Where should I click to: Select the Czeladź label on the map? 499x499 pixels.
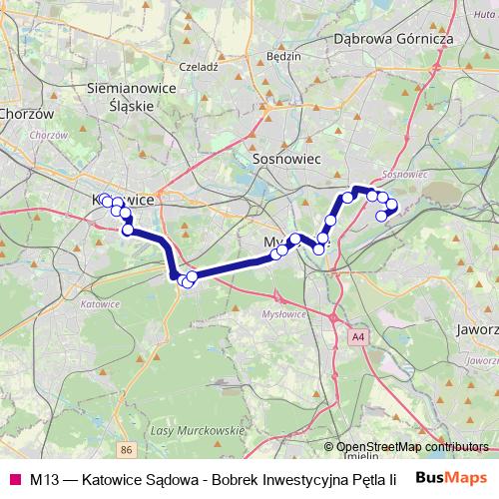click(x=197, y=66)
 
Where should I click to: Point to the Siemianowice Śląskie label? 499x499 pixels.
click(x=133, y=97)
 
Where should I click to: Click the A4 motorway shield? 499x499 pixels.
click(x=358, y=338)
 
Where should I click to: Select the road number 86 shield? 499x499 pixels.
click(x=126, y=451)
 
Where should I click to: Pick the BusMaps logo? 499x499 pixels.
click(x=450, y=477)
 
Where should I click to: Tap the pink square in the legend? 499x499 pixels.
click(x=15, y=478)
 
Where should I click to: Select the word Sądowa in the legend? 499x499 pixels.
click(x=170, y=478)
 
